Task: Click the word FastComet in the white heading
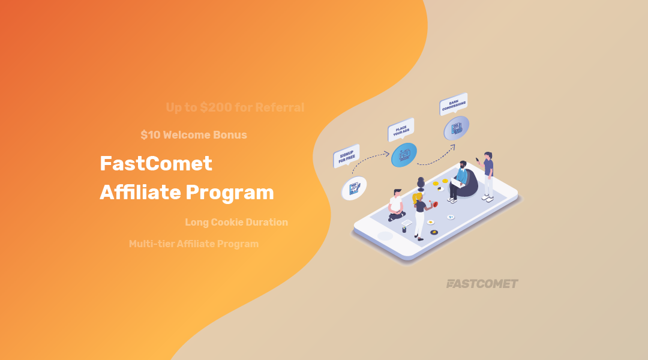tap(156, 163)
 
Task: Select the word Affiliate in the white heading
tap(140, 193)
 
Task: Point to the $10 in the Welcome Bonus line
tap(150, 135)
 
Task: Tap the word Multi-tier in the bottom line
tap(151, 244)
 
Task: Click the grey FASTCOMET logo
tap(482, 284)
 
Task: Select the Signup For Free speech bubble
tap(346, 156)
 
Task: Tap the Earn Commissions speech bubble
tap(453, 104)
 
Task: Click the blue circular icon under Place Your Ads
tap(403, 155)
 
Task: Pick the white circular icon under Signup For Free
tap(353, 188)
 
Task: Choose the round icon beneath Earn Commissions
tap(456, 128)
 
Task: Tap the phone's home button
tap(385, 236)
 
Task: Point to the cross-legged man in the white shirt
tap(396, 205)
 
